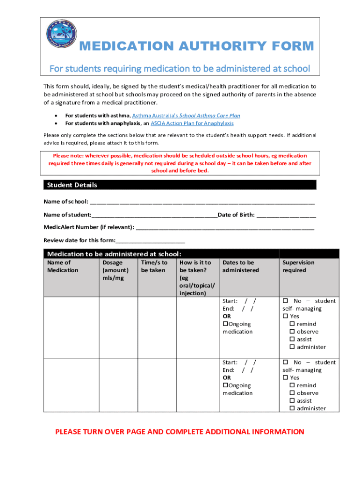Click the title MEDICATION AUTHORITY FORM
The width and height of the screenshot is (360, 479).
tap(196, 46)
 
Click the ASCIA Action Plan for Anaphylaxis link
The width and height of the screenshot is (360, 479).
tap(192, 123)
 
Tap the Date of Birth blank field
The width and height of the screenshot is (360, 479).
tap(286, 215)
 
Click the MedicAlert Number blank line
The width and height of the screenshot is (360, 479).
tap(225, 227)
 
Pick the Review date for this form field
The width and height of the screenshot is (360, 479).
tap(151, 240)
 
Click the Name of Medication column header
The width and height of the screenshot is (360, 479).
tap(63, 267)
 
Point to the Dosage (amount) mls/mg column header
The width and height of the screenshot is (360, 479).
tap(115, 270)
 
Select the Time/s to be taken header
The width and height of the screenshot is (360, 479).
tap(154, 267)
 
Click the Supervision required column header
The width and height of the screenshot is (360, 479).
tap(298, 267)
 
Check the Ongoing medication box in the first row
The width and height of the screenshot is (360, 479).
tap(225, 324)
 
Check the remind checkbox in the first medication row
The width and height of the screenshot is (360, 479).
tap(292, 324)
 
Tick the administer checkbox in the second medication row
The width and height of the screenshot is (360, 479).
tap(292, 408)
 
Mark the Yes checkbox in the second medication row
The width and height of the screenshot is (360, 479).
tap(285, 377)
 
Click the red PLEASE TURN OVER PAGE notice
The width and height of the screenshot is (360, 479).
tap(180, 432)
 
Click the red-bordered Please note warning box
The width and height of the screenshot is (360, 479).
tap(180, 163)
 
